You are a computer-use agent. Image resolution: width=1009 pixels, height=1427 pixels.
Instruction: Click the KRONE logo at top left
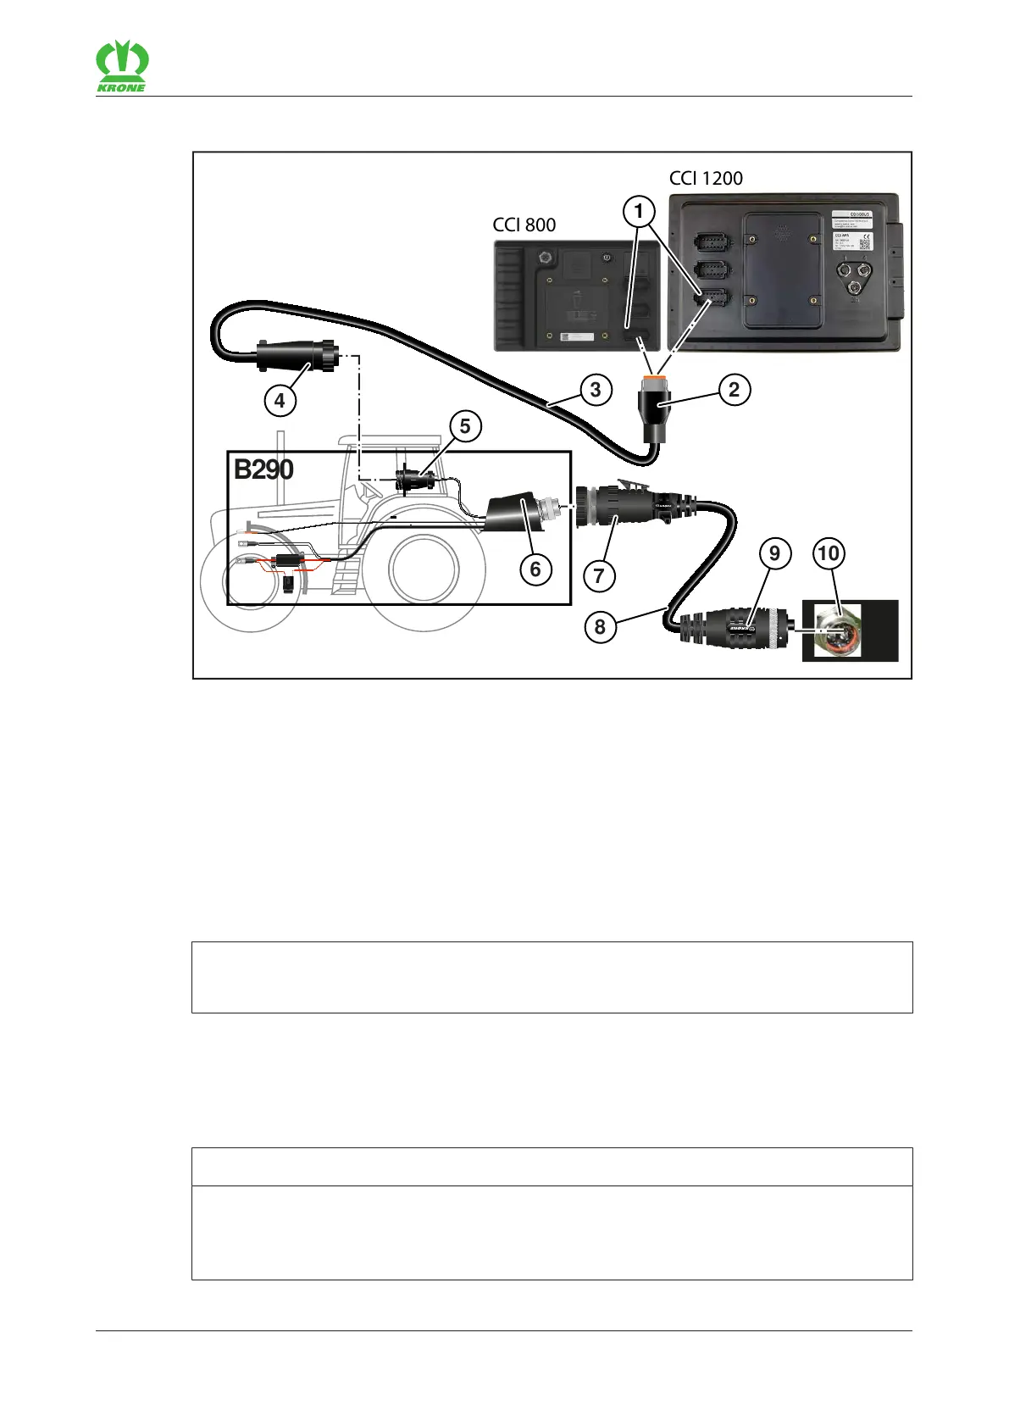pos(121,67)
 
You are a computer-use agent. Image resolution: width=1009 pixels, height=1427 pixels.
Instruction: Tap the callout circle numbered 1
pos(639,211)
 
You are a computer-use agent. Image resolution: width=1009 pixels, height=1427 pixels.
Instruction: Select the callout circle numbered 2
pos(734,390)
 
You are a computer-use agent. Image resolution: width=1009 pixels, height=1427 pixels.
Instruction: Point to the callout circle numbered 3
pos(596,390)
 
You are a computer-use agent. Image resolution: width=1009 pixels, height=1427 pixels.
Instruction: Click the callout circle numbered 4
pos(280,399)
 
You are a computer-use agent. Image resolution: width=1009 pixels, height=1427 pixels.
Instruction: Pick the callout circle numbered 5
pos(465,425)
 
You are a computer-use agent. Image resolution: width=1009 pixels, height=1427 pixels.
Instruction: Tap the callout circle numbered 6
pos(535,569)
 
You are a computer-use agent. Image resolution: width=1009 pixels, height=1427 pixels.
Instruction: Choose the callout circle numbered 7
pos(599,576)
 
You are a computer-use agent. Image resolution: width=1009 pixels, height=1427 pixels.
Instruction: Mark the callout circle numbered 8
pos(600,627)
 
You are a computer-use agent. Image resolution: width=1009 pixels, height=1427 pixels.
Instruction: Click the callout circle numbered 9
pos(773,554)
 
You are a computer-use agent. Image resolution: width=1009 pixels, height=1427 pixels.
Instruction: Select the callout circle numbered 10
pos(828,554)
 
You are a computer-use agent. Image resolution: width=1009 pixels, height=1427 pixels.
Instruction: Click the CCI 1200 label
pos(706,178)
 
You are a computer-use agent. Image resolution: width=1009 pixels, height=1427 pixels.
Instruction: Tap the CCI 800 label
pos(524,225)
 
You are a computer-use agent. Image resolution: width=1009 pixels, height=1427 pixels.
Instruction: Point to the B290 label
pos(263,469)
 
